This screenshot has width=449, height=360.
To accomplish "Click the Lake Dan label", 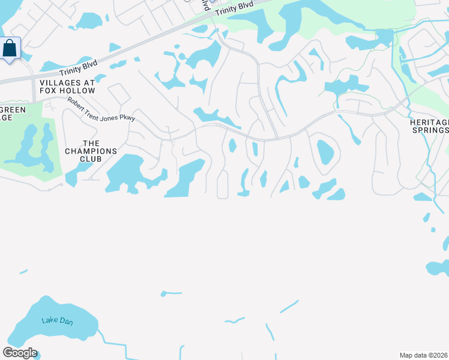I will tap(57, 321).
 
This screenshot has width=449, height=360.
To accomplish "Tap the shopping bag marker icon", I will tap(10, 49).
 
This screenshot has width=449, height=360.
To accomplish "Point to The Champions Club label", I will tap(91, 151).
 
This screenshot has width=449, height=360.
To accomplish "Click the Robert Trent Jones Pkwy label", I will tap(101, 110).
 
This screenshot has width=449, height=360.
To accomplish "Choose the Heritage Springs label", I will tap(429, 126).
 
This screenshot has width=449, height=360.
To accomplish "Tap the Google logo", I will tap(19, 353).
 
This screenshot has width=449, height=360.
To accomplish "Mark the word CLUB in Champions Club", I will tap(90, 160).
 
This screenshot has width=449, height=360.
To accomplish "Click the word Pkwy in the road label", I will tap(127, 118).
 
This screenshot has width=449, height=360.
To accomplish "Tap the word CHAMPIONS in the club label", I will tap(91, 151).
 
